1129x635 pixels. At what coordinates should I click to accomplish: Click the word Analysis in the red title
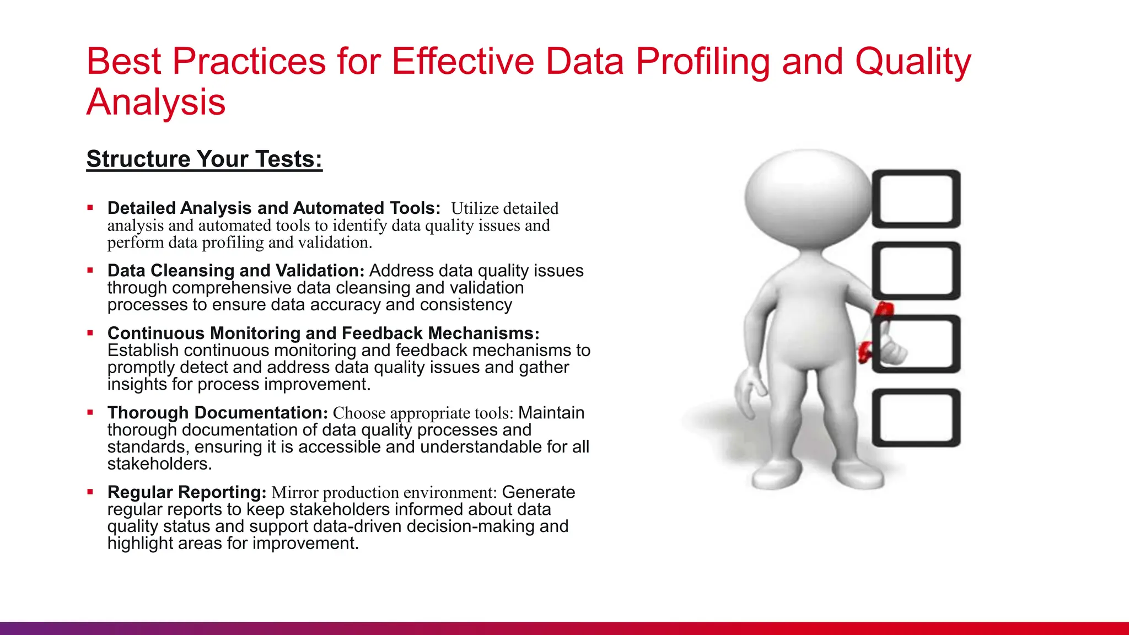point(156,103)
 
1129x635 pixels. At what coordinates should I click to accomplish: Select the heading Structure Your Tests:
point(204,159)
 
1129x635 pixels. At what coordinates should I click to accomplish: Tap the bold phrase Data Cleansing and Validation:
point(236,271)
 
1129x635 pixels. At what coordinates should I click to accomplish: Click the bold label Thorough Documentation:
point(218,413)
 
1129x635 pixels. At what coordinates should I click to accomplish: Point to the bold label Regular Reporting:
point(187,492)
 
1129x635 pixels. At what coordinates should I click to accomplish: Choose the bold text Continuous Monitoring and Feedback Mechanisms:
point(323,333)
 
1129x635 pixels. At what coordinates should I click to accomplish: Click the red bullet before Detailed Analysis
point(90,208)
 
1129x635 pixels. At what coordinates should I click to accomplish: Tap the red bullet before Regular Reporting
point(90,492)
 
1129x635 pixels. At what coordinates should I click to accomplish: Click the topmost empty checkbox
point(916,199)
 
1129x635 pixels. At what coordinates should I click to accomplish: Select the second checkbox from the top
point(916,271)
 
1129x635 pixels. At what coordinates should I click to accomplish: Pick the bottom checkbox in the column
point(916,417)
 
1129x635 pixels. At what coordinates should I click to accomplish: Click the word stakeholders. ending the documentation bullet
point(159,464)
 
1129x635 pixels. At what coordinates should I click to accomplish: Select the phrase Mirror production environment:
point(384,492)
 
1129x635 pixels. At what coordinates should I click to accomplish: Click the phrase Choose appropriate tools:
point(423,413)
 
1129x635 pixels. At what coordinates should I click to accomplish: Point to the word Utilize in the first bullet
point(475,208)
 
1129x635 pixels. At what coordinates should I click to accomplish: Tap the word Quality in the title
point(913,62)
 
